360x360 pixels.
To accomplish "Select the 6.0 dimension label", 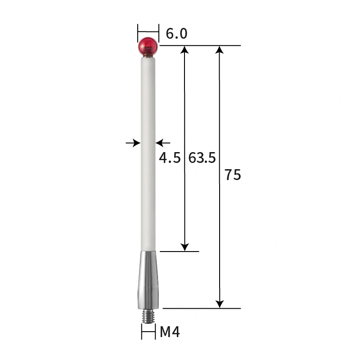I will click(176, 34).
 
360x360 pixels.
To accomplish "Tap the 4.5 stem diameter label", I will click(170, 158).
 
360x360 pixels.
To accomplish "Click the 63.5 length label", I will click(202, 158).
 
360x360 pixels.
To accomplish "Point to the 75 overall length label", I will click(233, 175).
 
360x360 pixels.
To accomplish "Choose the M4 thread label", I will click(170, 333).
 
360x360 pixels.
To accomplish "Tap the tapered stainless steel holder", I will click(148, 279).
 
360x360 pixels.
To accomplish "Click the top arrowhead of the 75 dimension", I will click(220, 49).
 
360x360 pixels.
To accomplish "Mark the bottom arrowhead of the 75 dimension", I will click(220, 304).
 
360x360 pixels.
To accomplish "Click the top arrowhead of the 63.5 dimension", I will click(184, 49).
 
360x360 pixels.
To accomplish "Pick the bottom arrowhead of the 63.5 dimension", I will click(184, 247).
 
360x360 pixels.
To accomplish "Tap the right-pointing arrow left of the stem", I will click(135, 143).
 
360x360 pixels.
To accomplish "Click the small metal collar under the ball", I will click(148, 57).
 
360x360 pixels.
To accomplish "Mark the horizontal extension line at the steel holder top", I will click(180, 251).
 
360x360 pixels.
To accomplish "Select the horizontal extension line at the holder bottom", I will click(202, 308).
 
